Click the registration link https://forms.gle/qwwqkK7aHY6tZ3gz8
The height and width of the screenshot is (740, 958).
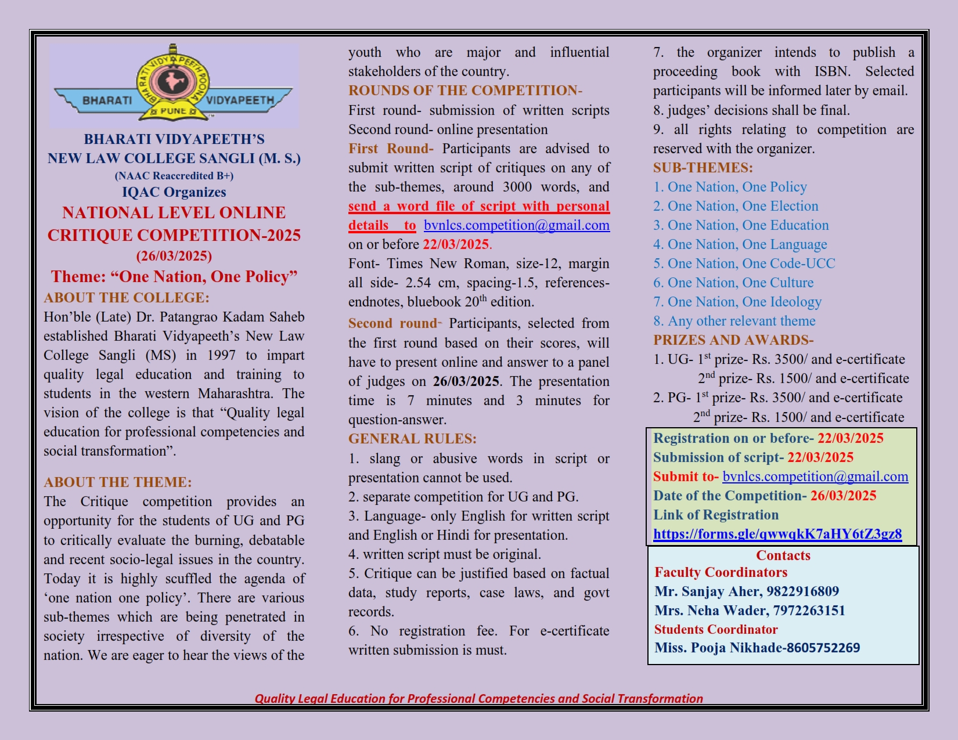pyautogui.click(x=777, y=534)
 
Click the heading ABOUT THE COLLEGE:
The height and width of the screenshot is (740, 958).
pyautogui.click(x=127, y=298)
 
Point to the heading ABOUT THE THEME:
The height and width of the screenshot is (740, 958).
pyautogui.click(x=117, y=482)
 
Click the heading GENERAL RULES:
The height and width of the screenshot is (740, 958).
pyautogui.click(x=412, y=439)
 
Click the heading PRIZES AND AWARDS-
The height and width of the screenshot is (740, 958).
pyautogui.click(x=733, y=340)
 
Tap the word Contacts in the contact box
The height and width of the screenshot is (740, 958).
pyautogui.click(x=783, y=555)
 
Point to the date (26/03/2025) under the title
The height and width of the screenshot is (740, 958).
pyautogui.click(x=174, y=256)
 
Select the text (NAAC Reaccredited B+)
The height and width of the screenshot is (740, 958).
pyautogui.click(x=174, y=176)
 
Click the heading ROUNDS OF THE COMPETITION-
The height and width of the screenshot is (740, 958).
pyautogui.click(x=465, y=91)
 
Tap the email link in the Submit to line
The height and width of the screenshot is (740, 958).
pyautogui.click(x=815, y=477)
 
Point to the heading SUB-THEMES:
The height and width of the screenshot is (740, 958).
pyautogui.click(x=703, y=168)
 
